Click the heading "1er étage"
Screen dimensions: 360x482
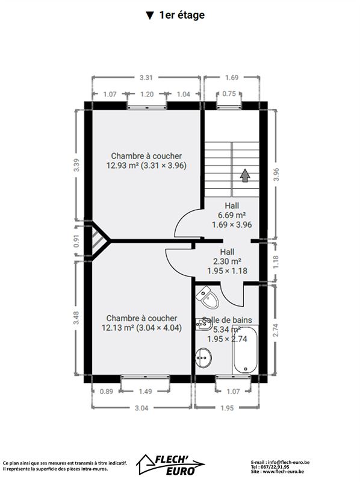(182, 15)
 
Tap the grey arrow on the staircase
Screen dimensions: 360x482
(245, 175)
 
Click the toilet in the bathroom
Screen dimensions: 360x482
(207, 297)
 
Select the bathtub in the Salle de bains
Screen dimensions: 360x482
(246, 349)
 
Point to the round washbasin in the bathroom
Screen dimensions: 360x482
(203, 357)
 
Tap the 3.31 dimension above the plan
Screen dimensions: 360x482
(146, 78)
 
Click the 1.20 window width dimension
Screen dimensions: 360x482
(147, 94)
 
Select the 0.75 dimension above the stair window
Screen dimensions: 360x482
(229, 93)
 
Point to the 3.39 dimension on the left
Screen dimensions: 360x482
(77, 164)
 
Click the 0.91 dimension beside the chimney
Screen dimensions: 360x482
(76, 240)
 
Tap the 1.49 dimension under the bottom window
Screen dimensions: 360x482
(145, 391)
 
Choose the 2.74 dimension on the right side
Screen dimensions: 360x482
(276, 330)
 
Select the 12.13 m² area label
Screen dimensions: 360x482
(117, 328)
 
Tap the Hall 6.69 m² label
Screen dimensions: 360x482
(232, 215)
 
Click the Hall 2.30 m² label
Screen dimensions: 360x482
(228, 261)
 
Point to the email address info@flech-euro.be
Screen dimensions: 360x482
(289, 462)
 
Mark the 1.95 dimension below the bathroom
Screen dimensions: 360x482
(227, 408)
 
